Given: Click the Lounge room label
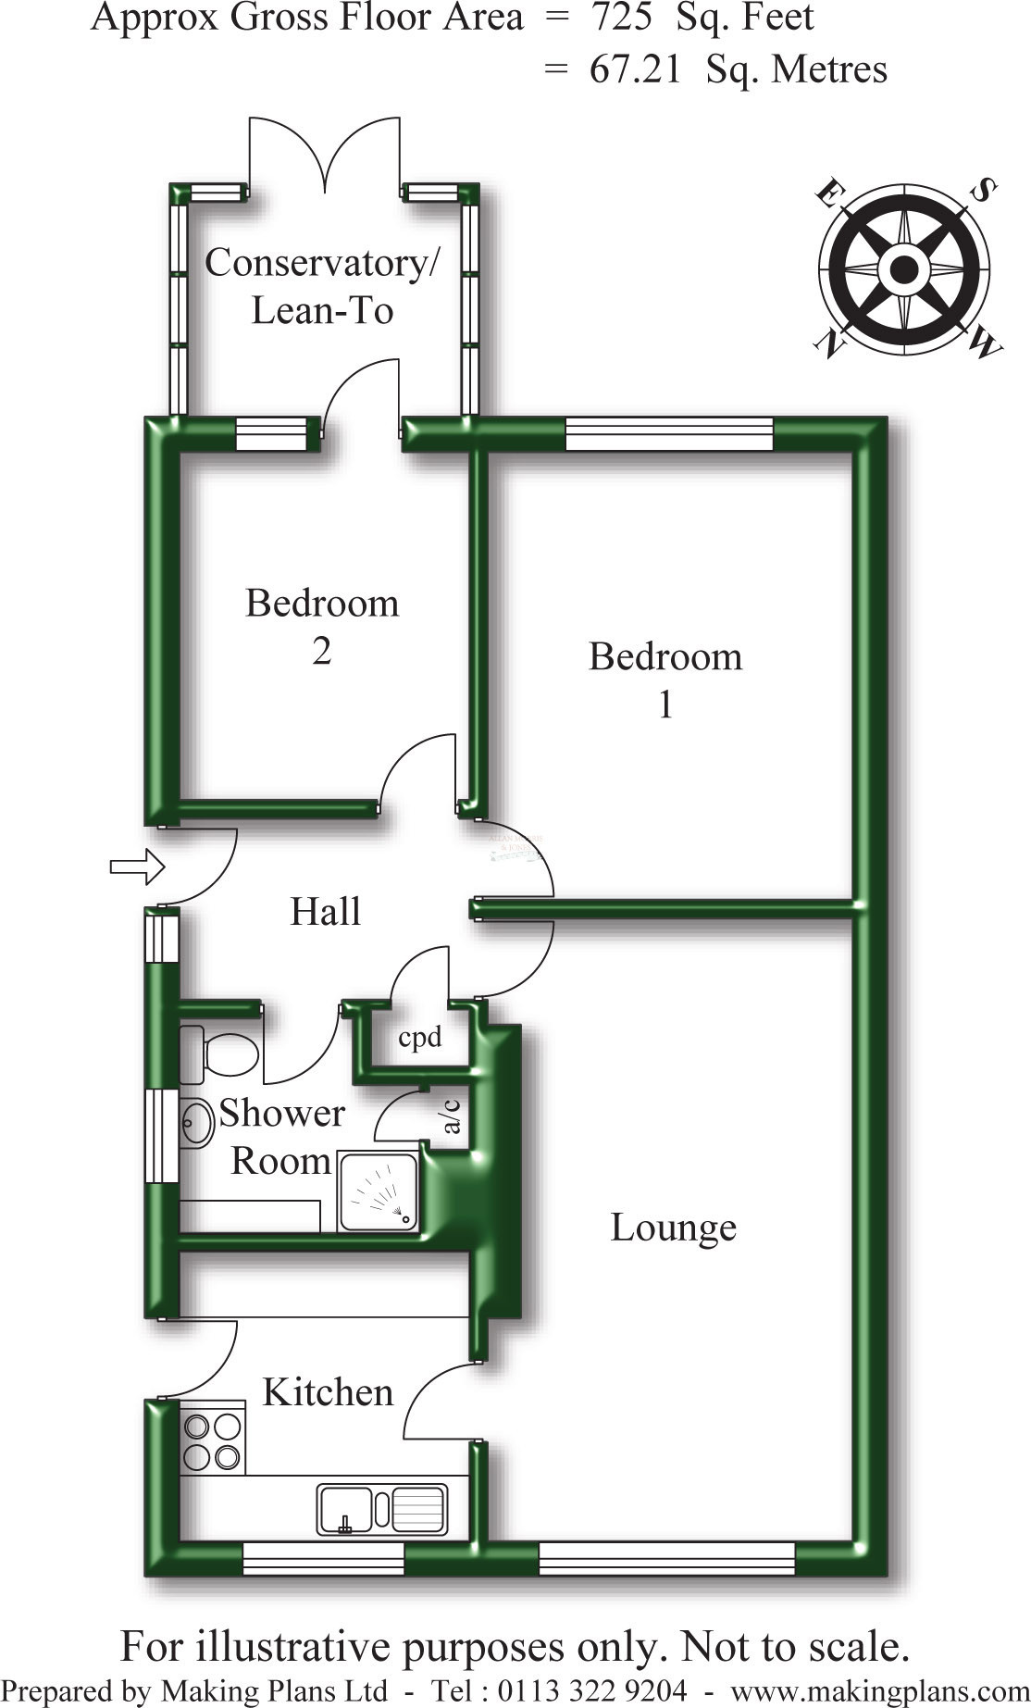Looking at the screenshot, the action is (673, 1228).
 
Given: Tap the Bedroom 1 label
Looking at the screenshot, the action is (665, 680).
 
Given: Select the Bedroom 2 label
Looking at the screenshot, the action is (322, 627).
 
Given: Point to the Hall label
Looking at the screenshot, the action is (325, 912).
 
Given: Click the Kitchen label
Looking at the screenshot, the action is (328, 1392).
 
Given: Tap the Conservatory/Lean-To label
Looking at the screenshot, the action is (322, 286).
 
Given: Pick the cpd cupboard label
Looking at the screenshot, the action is (419, 1038).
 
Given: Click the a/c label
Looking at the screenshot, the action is (452, 1116).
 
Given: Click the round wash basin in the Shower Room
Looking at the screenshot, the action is (195, 1123).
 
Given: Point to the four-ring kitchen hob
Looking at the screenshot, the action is (212, 1442).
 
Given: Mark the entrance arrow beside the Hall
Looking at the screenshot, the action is (137, 866).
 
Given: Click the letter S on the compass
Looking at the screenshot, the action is (983, 191).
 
